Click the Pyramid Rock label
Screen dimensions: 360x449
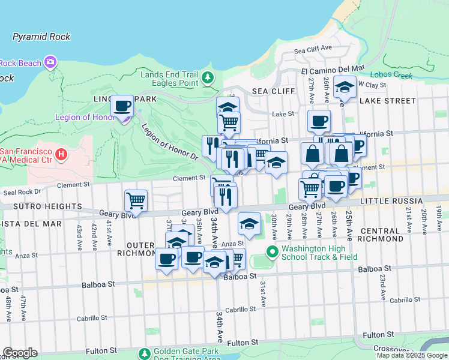coord(41,37)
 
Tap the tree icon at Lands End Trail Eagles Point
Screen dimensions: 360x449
coord(208,77)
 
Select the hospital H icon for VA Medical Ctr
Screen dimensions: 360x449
coord(60,155)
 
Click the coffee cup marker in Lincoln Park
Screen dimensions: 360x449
coord(123,106)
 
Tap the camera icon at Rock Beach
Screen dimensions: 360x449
coord(50,62)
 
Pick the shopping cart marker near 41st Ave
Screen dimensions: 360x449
coord(136,201)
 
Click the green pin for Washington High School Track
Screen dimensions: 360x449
coord(273,251)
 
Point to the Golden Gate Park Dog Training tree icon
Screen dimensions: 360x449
coord(144,355)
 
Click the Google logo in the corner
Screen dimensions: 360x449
coord(20,353)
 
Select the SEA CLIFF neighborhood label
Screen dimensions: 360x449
coord(273,91)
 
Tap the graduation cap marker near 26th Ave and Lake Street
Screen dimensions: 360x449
coord(345,87)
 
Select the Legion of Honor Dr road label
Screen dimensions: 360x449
coord(170,142)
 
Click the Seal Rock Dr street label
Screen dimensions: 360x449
coord(22,192)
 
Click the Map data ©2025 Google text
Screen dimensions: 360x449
coord(412,355)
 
